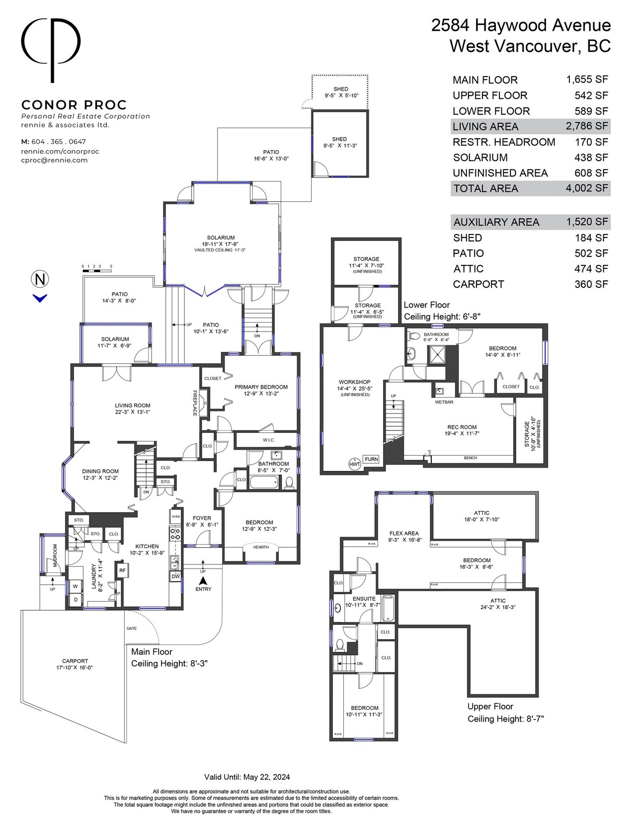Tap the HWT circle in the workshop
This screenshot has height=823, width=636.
tap(355, 464)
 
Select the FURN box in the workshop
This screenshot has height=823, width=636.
tap(371, 459)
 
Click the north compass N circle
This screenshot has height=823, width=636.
tap(40, 279)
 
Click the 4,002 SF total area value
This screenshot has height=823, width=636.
tap(587, 188)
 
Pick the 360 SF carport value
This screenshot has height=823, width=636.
tap(591, 284)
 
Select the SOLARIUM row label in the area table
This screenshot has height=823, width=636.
tap(480, 157)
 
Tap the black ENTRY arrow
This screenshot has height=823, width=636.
tap(203, 580)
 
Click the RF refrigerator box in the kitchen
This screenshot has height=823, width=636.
tap(122, 570)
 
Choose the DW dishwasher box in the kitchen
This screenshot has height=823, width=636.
tap(176, 576)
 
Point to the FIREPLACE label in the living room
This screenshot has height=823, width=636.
tap(195, 403)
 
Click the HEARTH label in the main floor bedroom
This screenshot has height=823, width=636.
tap(261, 547)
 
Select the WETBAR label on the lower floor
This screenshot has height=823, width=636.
tap(444, 402)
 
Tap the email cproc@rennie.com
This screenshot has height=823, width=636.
tap(54, 160)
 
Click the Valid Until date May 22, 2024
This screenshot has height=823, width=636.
tap(266, 777)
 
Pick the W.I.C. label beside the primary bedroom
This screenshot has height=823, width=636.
tap(268, 440)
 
